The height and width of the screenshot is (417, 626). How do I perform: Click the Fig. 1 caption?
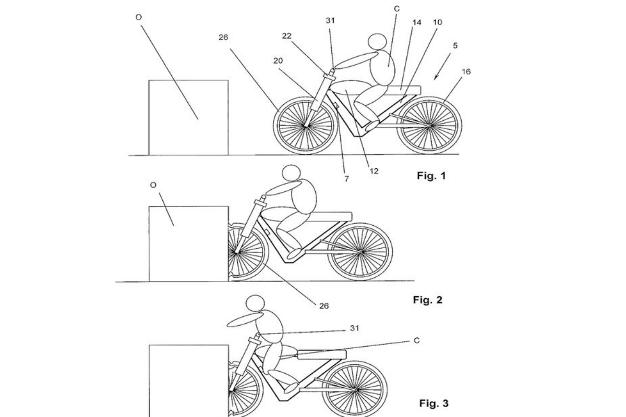click(x=431, y=176)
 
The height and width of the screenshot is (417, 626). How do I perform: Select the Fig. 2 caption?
click(x=428, y=300)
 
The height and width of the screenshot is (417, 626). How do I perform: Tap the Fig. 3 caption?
click(x=434, y=403)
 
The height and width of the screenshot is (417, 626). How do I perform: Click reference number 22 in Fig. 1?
click(x=287, y=36)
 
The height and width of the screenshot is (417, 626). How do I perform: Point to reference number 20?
click(x=278, y=60)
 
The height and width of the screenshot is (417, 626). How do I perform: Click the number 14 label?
click(x=417, y=22)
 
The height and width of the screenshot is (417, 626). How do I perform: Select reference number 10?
click(x=438, y=22)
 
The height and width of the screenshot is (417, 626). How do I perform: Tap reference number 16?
click(x=466, y=72)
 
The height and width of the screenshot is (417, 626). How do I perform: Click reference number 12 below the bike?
click(x=374, y=171)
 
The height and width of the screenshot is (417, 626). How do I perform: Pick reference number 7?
click(x=347, y=179)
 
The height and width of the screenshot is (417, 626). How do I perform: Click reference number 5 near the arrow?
click(x=455, y=45)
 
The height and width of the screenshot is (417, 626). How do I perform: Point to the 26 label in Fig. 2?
click(x=324, y=306)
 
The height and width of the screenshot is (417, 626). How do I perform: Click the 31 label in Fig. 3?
click(x=355, y=328)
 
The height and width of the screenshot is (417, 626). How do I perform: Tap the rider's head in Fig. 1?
click(x=377, y=42)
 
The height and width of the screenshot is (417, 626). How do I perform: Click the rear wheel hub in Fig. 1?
click(x=431, y=126)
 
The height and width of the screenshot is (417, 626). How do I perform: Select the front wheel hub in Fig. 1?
click(x=306, y=126)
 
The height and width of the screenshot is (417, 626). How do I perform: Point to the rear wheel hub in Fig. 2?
click(x=362, y=252)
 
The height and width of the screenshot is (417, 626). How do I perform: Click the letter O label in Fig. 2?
click(x=153, y=185)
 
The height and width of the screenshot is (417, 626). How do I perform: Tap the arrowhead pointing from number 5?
click(x=436, y=78)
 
